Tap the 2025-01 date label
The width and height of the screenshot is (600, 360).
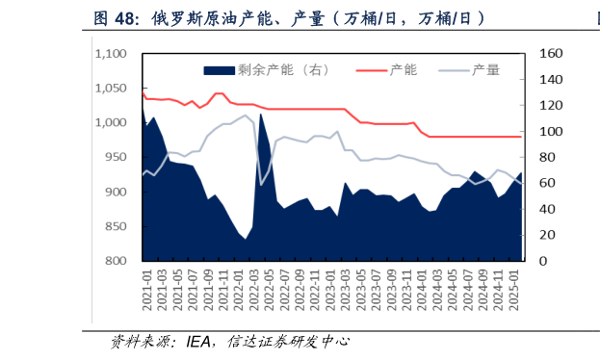click(517, 290)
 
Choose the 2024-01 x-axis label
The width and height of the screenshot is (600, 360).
click(424, 290)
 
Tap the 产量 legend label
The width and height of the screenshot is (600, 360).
click(485, 69)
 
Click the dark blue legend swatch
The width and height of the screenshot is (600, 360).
click(220, 69)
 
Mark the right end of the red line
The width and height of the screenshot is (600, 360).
click(521, 137)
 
